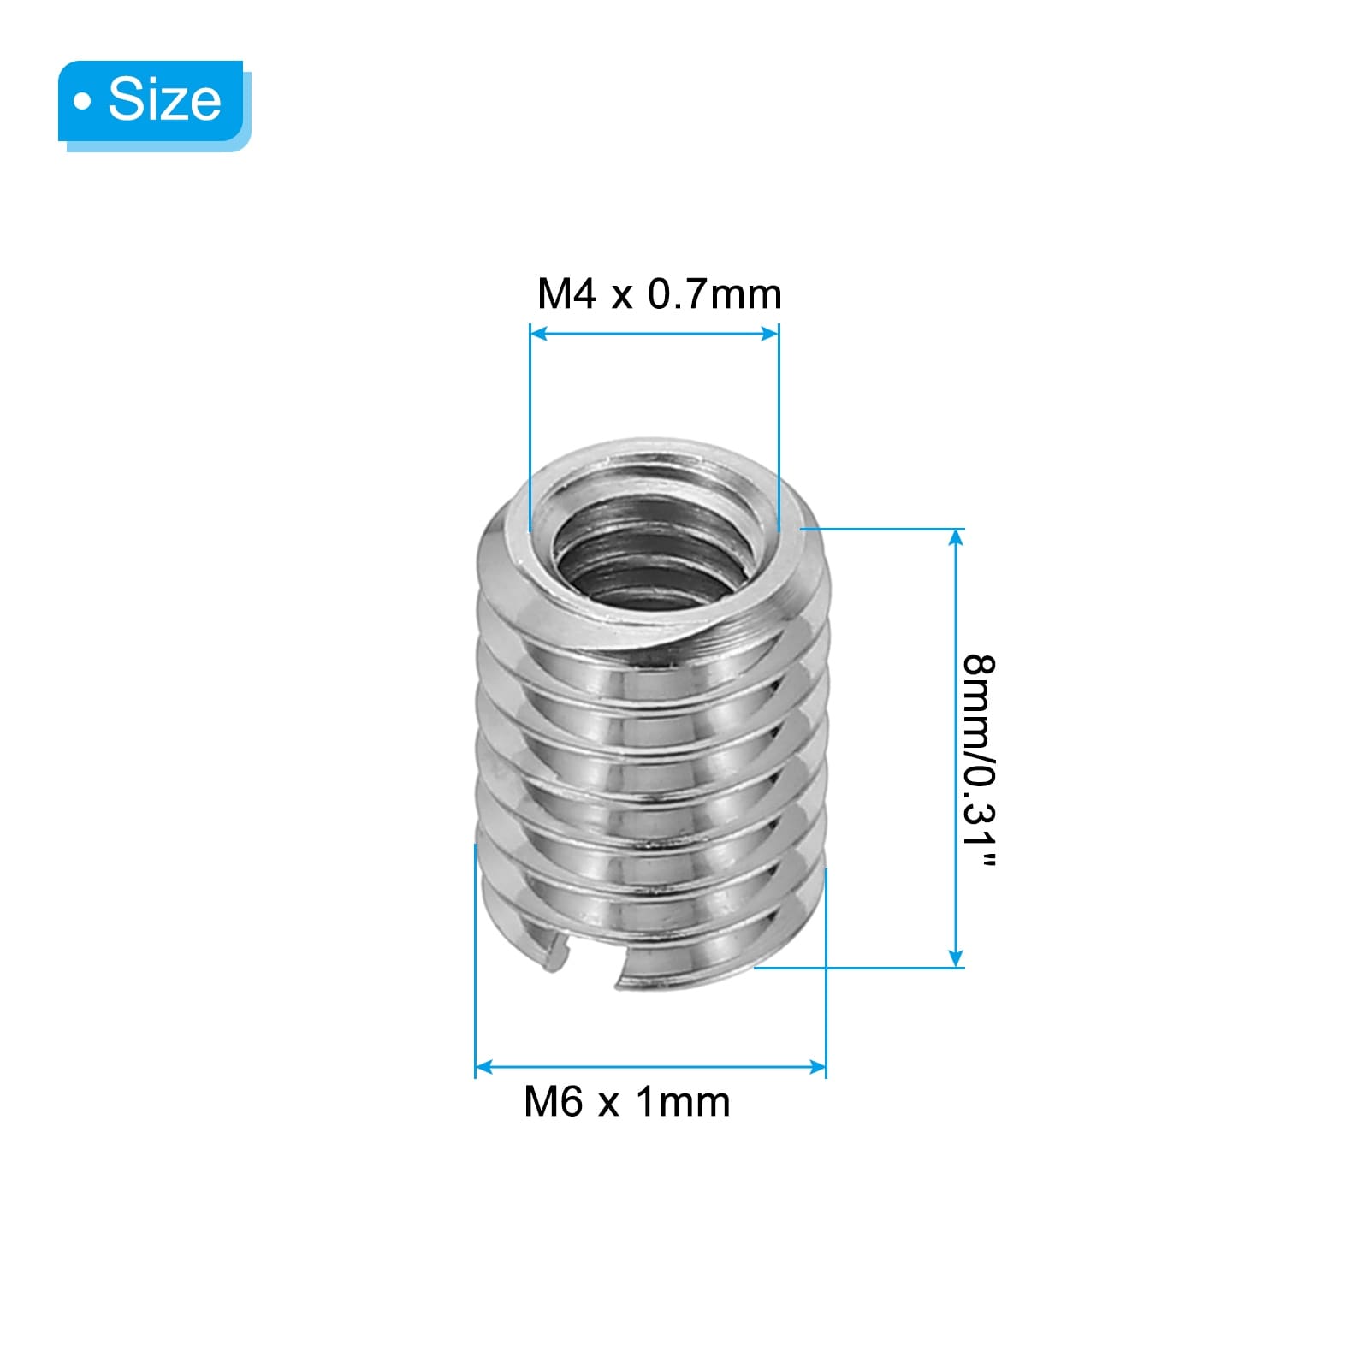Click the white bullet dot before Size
82,103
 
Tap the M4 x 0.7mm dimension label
659,294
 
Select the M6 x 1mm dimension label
627,1102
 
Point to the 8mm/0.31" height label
978,762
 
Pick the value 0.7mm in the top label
714,294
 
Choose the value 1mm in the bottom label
683,1102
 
